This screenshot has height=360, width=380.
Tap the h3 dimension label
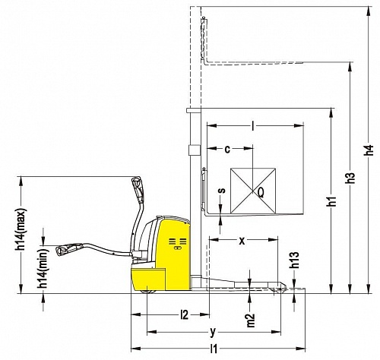tap(351, 175)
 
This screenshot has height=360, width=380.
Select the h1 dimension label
tap(332, 201)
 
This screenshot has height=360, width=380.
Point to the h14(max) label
tap(21, 229)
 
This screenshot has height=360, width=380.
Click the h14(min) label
tap(43, 269)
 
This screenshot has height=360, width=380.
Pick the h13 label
tap(295, 260)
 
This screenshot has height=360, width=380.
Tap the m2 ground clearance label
tap(251, 321)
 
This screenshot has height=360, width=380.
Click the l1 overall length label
tap(214, 349)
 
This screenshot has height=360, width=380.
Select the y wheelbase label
tap(213, 332)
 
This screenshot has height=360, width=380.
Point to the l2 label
tap(185, 315)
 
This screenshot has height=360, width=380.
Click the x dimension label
tap(242, 241)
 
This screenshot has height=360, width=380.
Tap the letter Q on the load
tap(261, 193)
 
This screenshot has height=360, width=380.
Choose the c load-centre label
tap(227, 150)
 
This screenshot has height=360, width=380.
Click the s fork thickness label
tap(222, 190)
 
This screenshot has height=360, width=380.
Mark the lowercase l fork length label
tap(252, 126)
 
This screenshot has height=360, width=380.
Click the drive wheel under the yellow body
tap(147, 291)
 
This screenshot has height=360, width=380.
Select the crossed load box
tap(253, 191)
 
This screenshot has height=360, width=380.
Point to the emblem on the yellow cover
tap(178, 244)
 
